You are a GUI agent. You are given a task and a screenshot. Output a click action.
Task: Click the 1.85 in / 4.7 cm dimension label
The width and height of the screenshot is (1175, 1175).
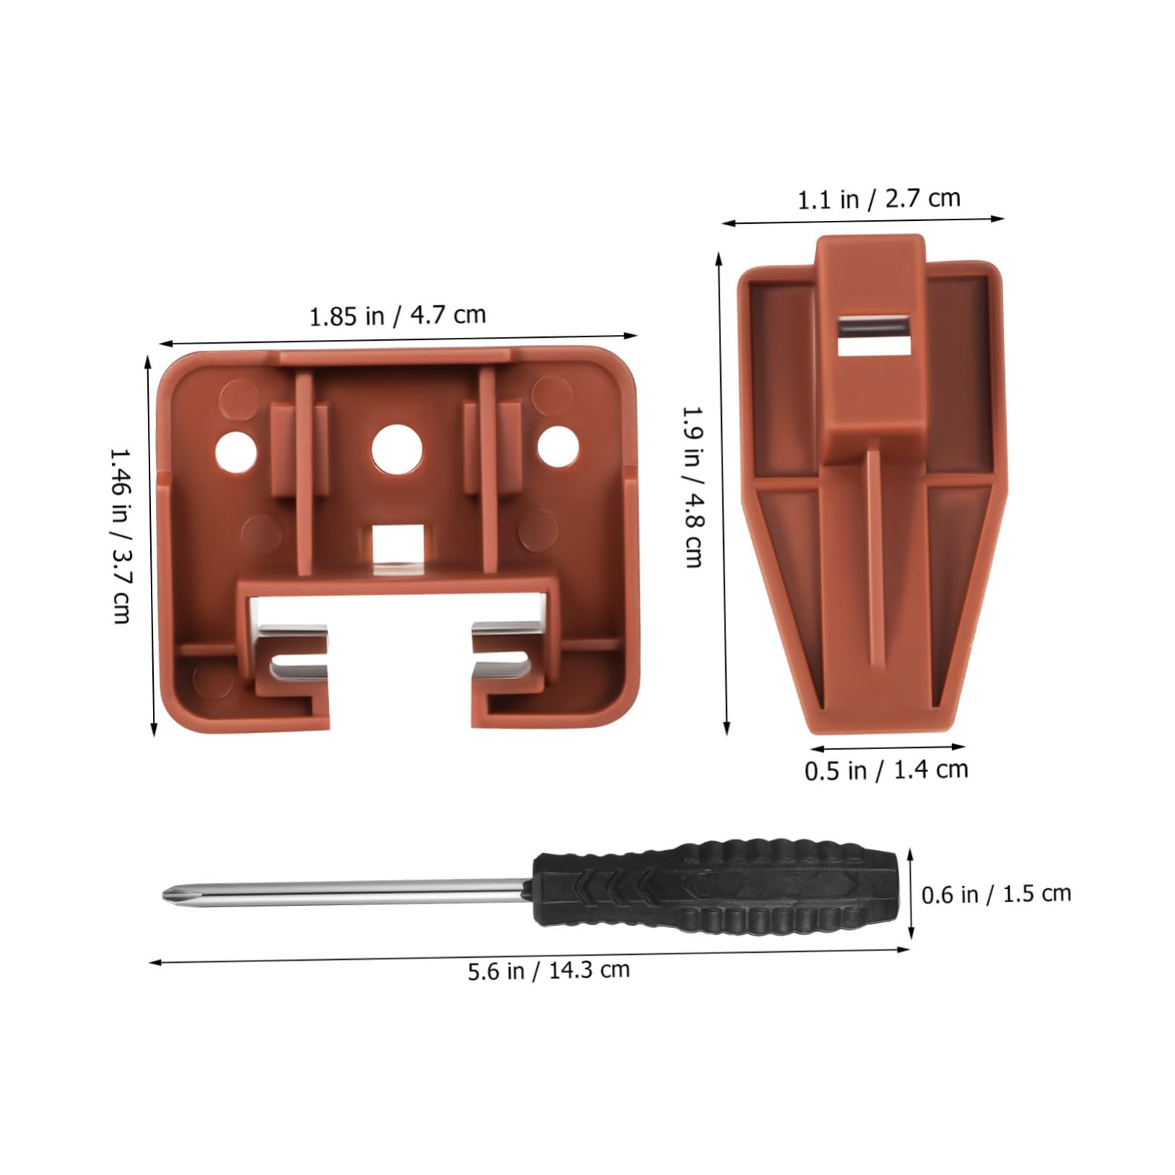click(x=398, y=315)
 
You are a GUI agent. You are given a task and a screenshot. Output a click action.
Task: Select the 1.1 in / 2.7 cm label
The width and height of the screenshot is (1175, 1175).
click(x=878, y=198)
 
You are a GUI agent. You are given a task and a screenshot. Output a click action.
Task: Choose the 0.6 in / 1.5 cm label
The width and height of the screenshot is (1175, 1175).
click(x=996, y=894)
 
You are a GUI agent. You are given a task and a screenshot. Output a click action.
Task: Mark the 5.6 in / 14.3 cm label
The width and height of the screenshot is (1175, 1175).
click(x=549, y=969)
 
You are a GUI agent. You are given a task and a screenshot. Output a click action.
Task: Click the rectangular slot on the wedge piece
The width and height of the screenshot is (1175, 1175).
click(x=871, y=336)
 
